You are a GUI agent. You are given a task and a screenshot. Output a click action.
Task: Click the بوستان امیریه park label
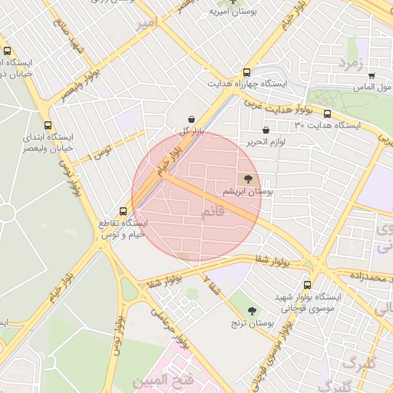[x=230, y=14]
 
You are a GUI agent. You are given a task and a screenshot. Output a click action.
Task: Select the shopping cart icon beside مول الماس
[x=372, y=76]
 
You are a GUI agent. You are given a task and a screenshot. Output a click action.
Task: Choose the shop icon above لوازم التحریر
[x=266, y=130]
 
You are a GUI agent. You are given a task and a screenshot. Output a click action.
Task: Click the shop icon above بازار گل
[x=190, y=118]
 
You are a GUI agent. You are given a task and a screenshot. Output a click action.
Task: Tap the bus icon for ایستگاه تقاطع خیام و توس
[x=123, y=210]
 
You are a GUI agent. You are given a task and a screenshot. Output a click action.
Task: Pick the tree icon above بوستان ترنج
[x=253, y=311]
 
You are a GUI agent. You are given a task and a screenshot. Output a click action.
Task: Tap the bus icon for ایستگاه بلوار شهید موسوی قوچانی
[x=317, y=282]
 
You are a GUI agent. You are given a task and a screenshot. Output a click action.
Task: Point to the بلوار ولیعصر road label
[x=81, y=89]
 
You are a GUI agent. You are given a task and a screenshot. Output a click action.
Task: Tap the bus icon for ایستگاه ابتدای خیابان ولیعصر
[x=49, y=124]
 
